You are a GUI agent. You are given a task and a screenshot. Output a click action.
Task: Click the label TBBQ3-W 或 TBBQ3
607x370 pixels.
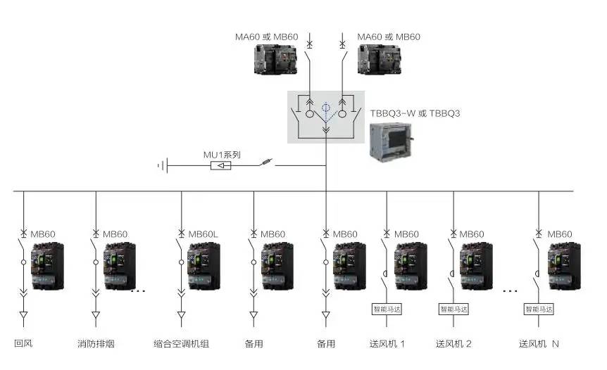pyautogui.click(x=415, y=113)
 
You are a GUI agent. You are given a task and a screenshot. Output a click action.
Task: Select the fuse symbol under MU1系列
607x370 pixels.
pyautogui.click(x=221, y=166)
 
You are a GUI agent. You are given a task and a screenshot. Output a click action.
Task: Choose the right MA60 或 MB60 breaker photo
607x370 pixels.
pyautogui.click(x=380, y=60)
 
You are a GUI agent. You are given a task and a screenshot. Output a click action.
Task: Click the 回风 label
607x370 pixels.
pyautogui.click(x=23, y=344)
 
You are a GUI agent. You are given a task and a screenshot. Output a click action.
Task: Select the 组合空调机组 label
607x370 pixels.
pyautogui.click(x=181, y=344)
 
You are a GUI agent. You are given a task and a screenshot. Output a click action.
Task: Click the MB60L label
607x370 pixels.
pyautogui.click(x=204, y=234)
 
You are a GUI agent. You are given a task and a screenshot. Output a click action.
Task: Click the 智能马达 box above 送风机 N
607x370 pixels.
pyautogui.click(x=539, y=309)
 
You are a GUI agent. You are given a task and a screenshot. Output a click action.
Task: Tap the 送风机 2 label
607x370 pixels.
pyautogui.click(x=453, y=344)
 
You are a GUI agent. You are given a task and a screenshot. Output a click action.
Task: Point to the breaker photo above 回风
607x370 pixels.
pyautogui.click(x=48, y=266)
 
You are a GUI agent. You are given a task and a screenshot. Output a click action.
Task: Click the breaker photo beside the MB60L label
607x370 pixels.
pyautogui.click(x=205, y=266)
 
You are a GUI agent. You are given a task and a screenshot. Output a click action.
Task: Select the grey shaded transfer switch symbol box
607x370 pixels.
pyautogui.click(x=325, y=117)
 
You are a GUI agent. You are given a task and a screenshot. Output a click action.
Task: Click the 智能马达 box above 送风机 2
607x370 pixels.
pyautogui.click(x=454, y=309)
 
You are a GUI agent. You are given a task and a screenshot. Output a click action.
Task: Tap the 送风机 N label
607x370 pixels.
pyautogui.click(x=539, y=344)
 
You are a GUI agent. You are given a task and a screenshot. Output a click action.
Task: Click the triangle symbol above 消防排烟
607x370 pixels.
pyautogui.click(x=96, y=314)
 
